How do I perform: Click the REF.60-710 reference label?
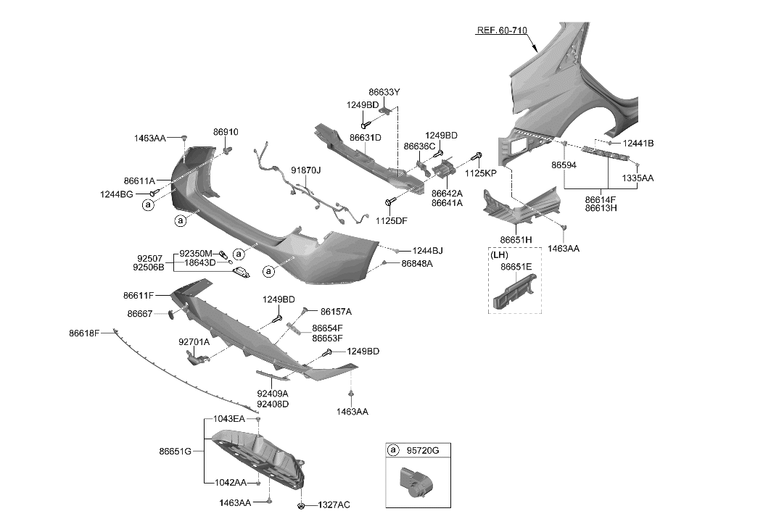501,31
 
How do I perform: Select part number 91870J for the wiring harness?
306,170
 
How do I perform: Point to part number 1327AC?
333,505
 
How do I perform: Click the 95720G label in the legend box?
424,451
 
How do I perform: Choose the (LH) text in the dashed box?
499,255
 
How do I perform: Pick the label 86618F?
84,333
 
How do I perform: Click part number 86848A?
417,264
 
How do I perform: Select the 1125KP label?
480,174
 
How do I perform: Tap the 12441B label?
638,144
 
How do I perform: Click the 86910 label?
226,132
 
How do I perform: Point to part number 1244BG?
117,194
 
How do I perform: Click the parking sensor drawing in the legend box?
411,482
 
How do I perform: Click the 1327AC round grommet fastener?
301,505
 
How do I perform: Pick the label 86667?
140,314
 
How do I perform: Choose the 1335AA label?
638,178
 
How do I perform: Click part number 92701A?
194,341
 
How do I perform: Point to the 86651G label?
175,451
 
